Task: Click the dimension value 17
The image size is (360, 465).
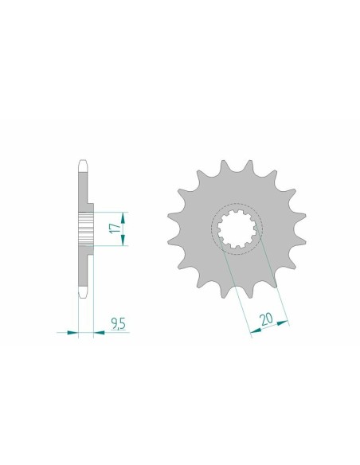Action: pos(115,229)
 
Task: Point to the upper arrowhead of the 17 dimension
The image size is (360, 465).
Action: pos(123,214)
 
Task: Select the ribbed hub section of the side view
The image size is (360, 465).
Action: pos(86,229)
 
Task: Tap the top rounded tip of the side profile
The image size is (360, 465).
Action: pos(82,162)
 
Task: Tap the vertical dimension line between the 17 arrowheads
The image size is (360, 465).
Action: pos(123,229)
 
